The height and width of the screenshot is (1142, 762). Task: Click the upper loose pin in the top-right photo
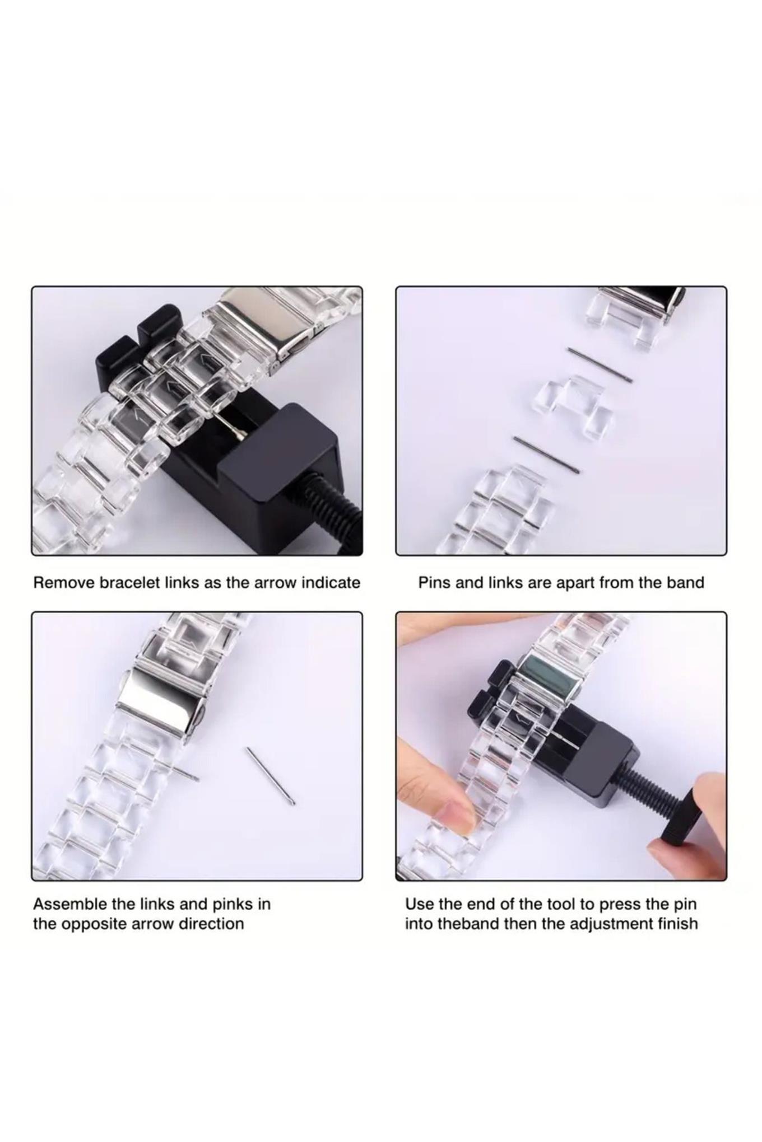[600, 365]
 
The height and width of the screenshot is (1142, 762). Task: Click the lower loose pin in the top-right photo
[546, 455]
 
